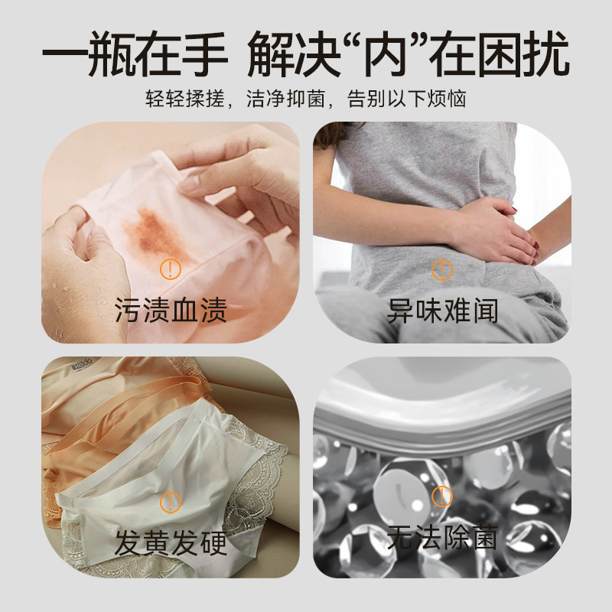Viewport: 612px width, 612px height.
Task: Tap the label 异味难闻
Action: click(442, 311)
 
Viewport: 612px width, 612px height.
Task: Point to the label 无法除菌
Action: click(442, 538)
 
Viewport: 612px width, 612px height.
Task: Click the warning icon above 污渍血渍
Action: click(170, 269)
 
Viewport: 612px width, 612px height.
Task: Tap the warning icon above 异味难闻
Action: click(442, 269)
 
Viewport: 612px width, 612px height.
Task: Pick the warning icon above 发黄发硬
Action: click(170, 501)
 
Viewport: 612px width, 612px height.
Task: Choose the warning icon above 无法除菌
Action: click(442, 496)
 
